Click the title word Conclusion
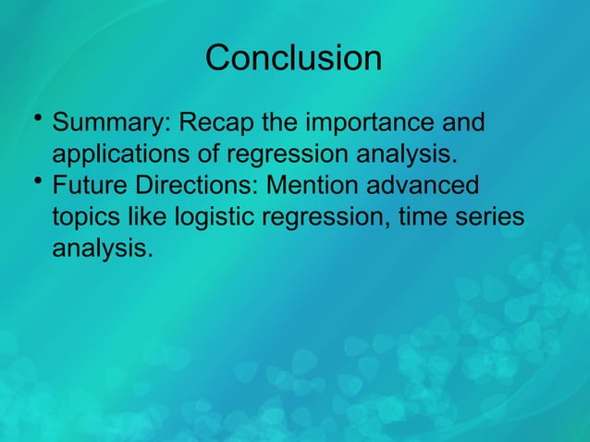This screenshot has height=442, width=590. point(293,58)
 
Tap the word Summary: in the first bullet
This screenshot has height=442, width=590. point(111,123)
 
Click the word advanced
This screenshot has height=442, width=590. point(430,185)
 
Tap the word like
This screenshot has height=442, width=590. point(150,217)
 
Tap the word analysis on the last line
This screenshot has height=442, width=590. point(102,249)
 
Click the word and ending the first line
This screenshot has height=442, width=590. point(462,123)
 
